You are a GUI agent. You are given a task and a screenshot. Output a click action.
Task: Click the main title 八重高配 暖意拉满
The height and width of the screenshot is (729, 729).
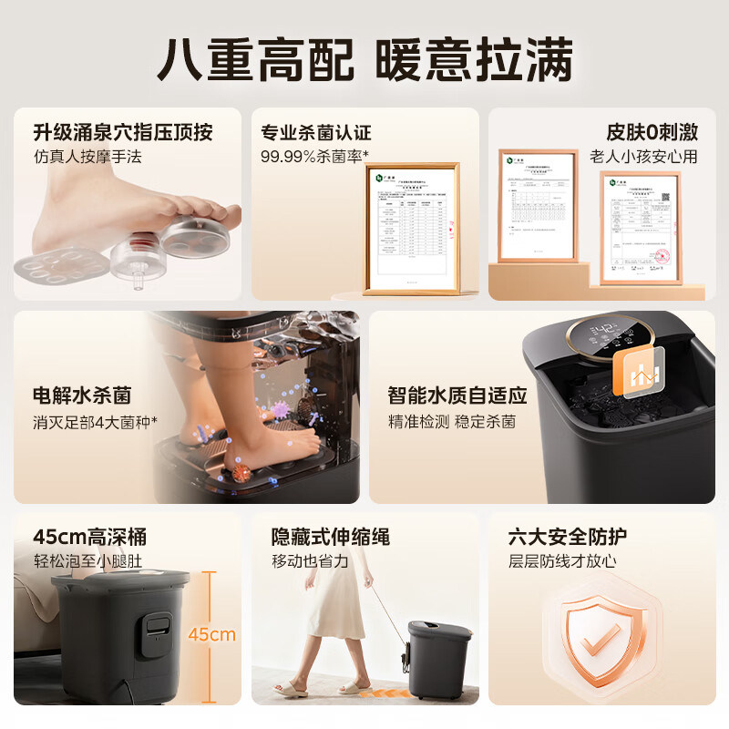coord(364,59)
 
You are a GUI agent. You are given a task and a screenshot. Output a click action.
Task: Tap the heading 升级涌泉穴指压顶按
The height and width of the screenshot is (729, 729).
coord(123,132)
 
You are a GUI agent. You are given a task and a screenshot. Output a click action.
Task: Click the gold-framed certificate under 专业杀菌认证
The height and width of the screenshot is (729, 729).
coord(411,229)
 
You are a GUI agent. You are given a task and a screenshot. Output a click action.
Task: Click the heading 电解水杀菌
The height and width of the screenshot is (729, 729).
coord(82,395)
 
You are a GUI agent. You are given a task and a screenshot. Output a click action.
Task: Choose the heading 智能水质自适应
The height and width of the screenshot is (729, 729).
coord(457,395)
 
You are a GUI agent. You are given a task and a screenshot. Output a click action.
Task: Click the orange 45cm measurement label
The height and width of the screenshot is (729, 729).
coord(211,634)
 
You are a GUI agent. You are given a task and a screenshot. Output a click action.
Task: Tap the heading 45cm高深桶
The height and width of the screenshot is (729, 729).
coord(89,537)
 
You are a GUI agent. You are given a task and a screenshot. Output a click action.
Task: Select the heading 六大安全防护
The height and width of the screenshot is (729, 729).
coord(567,537)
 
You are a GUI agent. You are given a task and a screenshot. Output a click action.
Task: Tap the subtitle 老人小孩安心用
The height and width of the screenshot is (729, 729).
coord(643,156)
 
